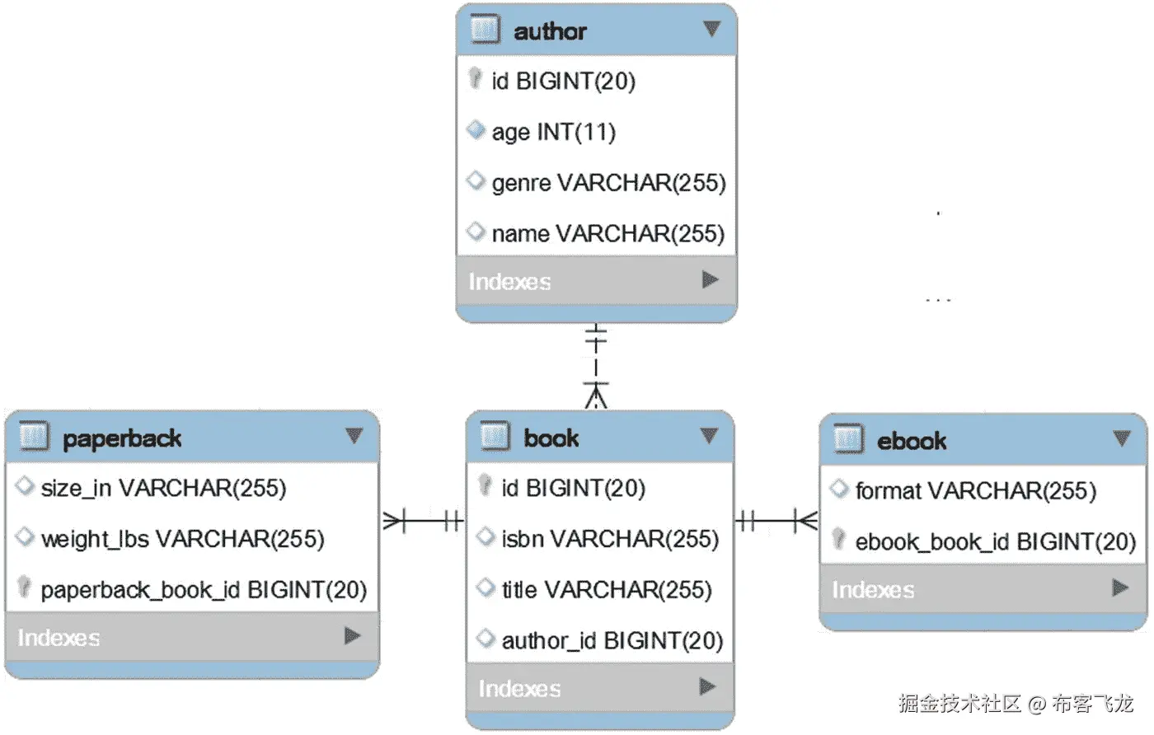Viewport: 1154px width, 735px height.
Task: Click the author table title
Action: [x=550, y=31]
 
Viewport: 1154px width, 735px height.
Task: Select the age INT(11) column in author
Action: [x=553, y=132]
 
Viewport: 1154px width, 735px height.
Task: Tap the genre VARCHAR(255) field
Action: [x=608, y=182]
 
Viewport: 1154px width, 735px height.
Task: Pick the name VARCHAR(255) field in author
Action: [x=607, y=233]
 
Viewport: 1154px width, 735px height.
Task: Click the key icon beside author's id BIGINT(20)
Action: [x=475, y=78]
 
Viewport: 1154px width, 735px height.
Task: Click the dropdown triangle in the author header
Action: [x=711, y=30]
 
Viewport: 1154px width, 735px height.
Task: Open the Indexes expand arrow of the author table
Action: [x=710, y=280]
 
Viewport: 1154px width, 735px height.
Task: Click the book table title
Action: [x=551, y=438]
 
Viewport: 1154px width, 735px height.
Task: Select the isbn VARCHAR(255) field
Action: [x=610, y=539]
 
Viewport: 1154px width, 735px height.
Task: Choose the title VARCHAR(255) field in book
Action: [x=606, y=590]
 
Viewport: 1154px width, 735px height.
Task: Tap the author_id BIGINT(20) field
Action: [x=612, y=640]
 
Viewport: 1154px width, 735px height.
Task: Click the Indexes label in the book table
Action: [x=519, y=688]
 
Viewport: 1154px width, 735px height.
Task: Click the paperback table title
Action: [x=122, y=438]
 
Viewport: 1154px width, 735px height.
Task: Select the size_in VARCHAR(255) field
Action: [x=163, y=488]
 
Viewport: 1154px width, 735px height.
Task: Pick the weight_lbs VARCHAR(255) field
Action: [x=182, y=539]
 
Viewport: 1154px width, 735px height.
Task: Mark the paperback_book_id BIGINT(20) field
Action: [x=204, y=590]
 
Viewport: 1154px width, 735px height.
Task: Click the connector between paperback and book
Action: [x=423, y=521]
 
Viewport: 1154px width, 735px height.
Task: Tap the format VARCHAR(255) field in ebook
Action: [x=975, y=491]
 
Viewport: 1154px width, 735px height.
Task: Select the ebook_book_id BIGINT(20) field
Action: [x=995, y=541]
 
